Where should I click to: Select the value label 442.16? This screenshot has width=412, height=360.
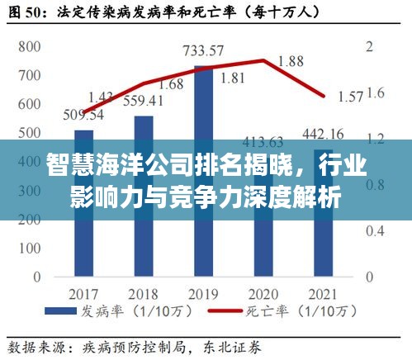tap(324, 134)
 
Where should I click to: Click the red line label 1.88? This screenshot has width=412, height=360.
tap(291, 60)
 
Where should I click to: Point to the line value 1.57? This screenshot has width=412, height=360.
tap(350, 97)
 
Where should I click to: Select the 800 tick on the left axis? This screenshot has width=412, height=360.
tap(30, 46)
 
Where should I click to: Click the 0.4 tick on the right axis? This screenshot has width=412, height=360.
tap(376, 225)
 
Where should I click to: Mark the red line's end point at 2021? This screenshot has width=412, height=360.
tap(324, 97)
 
